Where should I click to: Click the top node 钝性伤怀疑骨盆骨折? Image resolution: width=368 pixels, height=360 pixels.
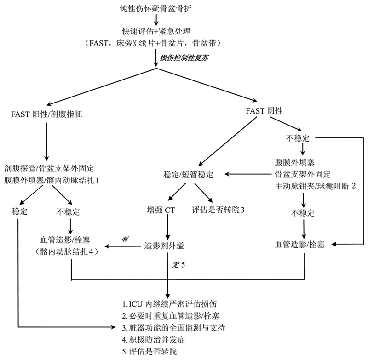(x=157, y=8)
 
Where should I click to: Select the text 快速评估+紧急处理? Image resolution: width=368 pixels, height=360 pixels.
(x=157, y=32)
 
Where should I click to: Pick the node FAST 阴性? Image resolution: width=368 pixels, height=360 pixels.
(x=264, y=112)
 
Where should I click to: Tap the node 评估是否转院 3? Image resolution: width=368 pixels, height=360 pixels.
(x=217, y=210)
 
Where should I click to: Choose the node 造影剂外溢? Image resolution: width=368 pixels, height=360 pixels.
(x=164, y=246)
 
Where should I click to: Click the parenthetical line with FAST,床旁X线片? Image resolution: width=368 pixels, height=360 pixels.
(x=157, y=44)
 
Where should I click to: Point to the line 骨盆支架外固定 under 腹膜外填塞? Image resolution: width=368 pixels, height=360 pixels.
(x=302, y=174)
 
